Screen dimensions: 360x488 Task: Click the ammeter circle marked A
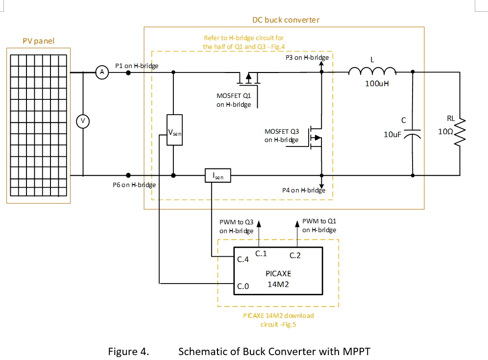(x=102, y=72)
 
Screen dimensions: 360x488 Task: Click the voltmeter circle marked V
(x=83, y=121)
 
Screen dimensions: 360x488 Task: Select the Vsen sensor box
(x=174, y=130)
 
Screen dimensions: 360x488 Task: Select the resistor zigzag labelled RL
(x=460, y=131)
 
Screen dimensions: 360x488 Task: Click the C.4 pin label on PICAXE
(x=244, y=260)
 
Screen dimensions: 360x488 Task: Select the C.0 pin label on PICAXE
(x=244, y=286)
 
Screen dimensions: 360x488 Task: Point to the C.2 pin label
(x=295, y=255)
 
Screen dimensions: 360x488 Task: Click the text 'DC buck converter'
(x=286, y=20)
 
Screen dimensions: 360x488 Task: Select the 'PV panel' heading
(x=38, y=41)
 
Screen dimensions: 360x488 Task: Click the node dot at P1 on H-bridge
(x=128, y=72)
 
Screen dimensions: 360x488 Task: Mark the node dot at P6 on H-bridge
(x=128, y=175)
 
